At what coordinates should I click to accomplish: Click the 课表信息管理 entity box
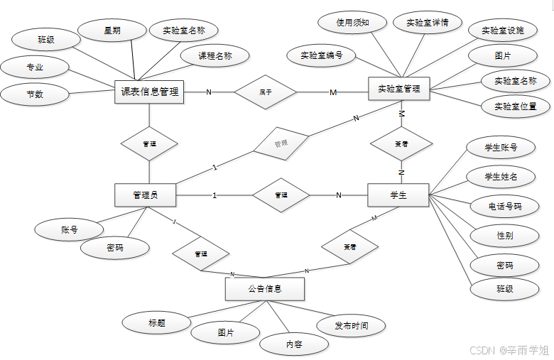coord(149,92)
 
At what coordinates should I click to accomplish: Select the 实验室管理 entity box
coord(398,89)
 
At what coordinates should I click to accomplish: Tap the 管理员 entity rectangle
coord(145,195)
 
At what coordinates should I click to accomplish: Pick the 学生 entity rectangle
coord(398,195)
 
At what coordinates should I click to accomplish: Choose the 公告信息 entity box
coord(265,289)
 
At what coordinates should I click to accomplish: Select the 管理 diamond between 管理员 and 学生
coord(281,195)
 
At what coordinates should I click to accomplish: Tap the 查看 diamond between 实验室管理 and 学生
coord(401,143)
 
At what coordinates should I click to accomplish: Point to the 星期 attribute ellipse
coord(112,31)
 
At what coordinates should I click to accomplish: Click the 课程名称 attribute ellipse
coord(215,55)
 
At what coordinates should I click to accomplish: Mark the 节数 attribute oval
coord(35,94)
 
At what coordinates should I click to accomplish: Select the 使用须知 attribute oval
coord(352,23)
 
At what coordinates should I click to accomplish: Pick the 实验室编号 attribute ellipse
coord(321,55)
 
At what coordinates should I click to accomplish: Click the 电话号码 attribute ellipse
coord(504,207)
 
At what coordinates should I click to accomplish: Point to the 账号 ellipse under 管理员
coord(68,229)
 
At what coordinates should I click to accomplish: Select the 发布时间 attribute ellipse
coord(352,326)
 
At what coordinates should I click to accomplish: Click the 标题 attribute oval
coord(156,323)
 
